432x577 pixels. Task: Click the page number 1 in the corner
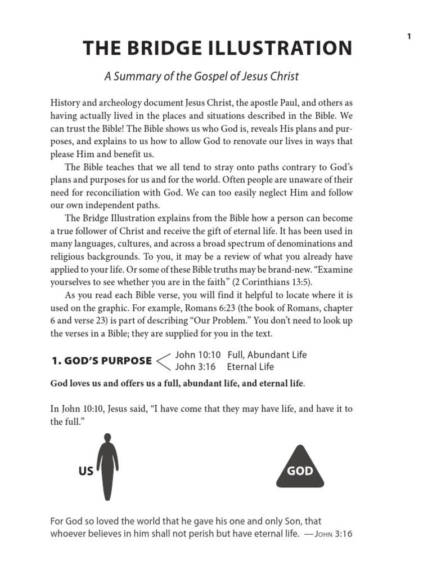409,37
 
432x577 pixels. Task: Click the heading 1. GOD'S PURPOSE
101,361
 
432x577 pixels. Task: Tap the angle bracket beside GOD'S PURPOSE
163,361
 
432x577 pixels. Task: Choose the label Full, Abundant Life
267,355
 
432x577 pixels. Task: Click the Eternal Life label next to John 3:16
250,367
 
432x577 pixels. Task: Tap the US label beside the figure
85,471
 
